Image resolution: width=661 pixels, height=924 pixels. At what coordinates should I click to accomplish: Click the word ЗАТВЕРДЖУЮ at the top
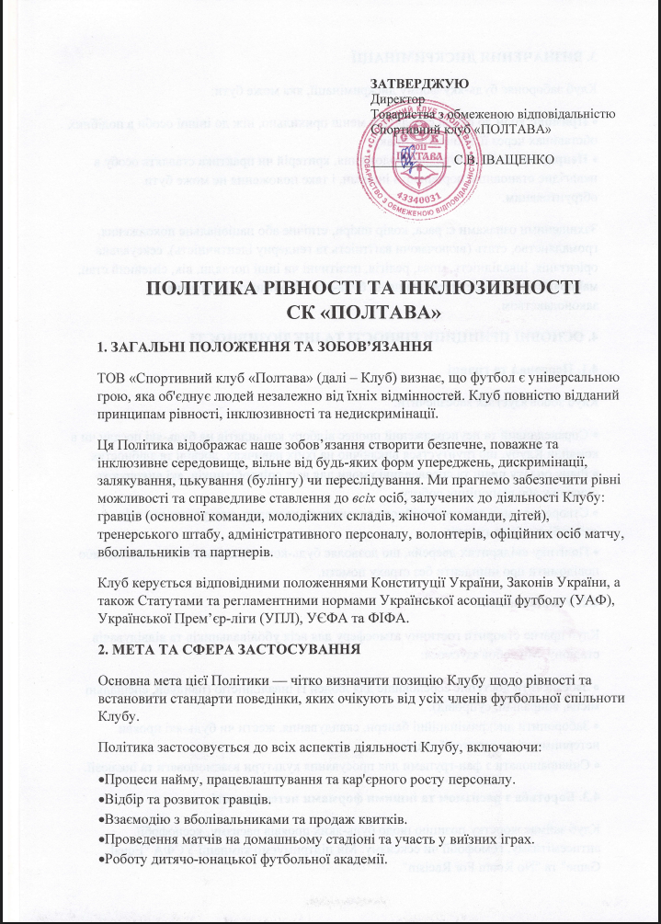412,85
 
